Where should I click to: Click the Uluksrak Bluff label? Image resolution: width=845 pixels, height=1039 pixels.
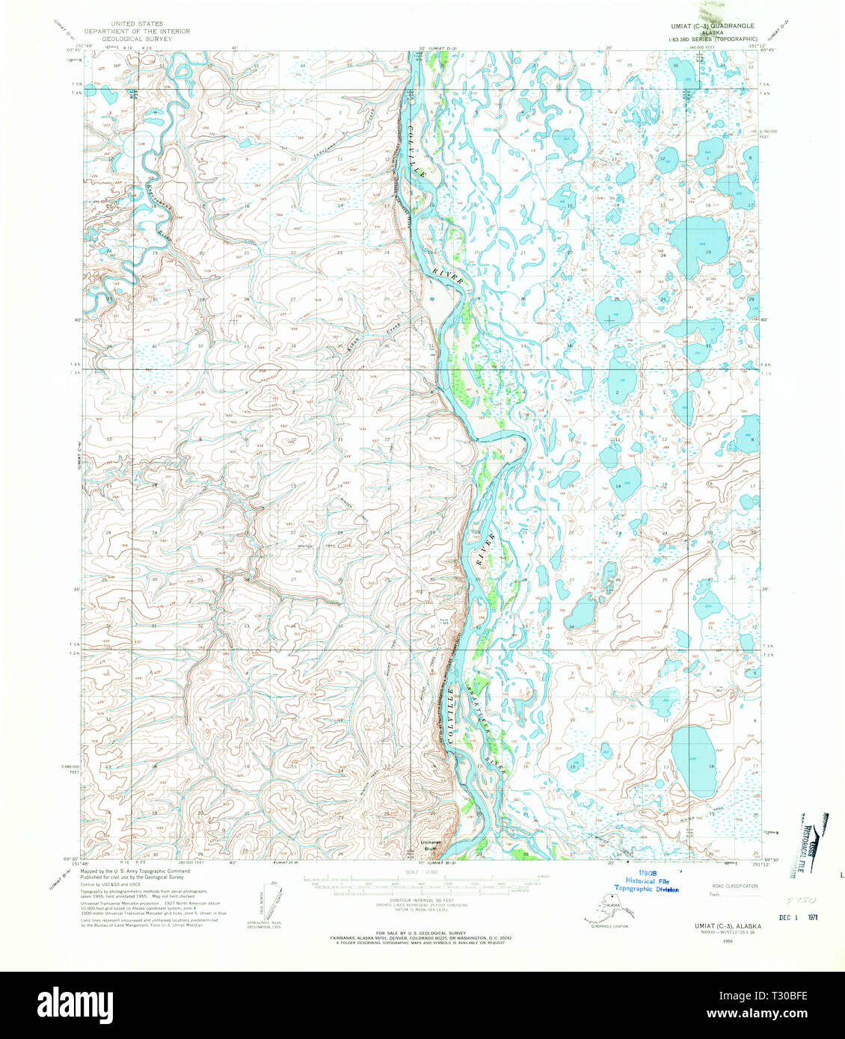pos(429,845)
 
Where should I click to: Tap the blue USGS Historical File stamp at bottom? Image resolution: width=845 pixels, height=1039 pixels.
pos(646,881)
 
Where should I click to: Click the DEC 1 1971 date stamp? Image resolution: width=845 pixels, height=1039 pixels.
pos(797,916)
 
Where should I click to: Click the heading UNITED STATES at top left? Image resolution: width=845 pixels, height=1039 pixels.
pos(136,24)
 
